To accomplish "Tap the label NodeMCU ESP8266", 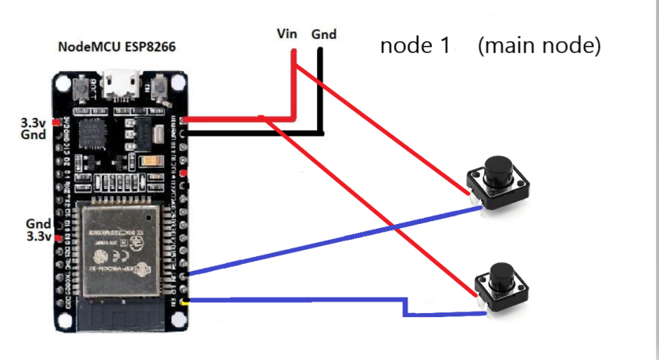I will point(117,47).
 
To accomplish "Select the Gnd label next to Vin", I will point(324,34).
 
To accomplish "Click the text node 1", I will point(415,45).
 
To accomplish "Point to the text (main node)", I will point(540,45).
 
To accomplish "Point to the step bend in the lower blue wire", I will point(405,307).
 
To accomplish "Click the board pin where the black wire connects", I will point(183,134).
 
